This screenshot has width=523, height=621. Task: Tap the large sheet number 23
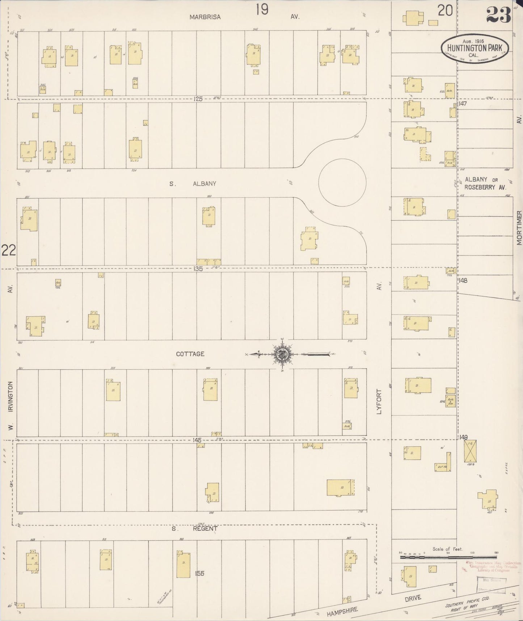pyautogui.click(x=498, y=14)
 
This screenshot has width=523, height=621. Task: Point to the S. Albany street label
pyautogui.click(x=193, y=184)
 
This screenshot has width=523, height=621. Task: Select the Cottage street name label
pyautogui.click(x=190, y=354)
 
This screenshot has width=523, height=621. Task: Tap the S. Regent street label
pyautogui.click(x=194, y=529)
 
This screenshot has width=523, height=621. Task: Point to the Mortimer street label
pyautogui.click(x=519, y=228)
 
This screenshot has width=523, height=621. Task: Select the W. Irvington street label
pyautogui.click(x=10, y=406)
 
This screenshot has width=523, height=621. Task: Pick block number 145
pyautogui.click(x=197, y=440)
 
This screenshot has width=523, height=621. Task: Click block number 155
pyautogui.click(x=199, y=573)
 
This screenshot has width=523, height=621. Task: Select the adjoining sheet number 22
pyautogui.click(x=9, y=250)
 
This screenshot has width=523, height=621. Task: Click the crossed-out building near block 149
pyautogui.click(x=471, y=451)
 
